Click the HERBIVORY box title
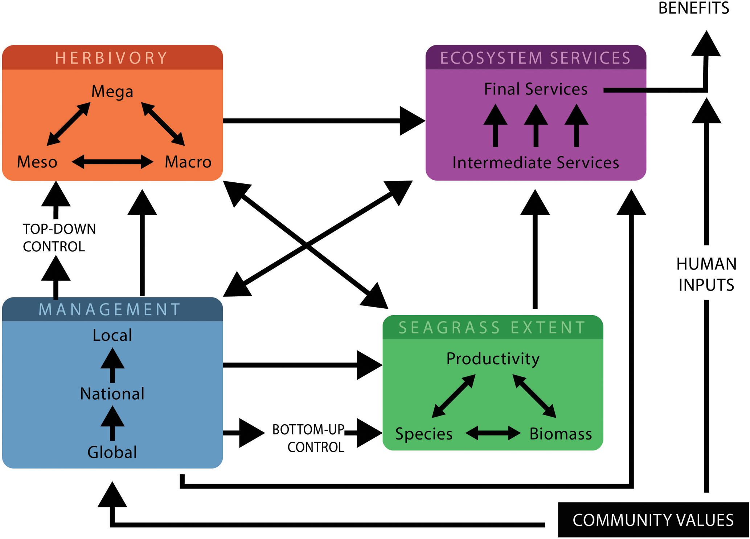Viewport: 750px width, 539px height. [x=112, y=58]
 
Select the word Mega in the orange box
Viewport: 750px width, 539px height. [x=112, y=91]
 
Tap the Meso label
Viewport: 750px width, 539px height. [x=37, y=162]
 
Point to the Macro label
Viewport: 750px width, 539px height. [x=188, y=162]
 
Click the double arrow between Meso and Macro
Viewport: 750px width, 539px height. [x=112, y=162]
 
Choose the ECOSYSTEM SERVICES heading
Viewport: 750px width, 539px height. [x=536, y=58]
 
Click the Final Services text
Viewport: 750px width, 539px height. [x=536, y=89]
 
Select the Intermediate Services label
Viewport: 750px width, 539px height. [x=536, y=163]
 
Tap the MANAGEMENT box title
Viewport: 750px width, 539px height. [x=110, y=309]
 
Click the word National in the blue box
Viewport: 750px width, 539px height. [x=112, y=394]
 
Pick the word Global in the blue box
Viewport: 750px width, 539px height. [x=112, y=452]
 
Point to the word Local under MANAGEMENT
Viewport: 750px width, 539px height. [x=112, y=335]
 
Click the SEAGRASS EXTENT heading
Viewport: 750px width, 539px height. [x=492, y=328]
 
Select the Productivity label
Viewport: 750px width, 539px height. [x=493, y=359]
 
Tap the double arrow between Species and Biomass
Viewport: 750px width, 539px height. [x=493, y=433]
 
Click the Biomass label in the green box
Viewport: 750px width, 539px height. [x=561, y=434]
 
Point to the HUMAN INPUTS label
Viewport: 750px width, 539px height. [x=706, y=274]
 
